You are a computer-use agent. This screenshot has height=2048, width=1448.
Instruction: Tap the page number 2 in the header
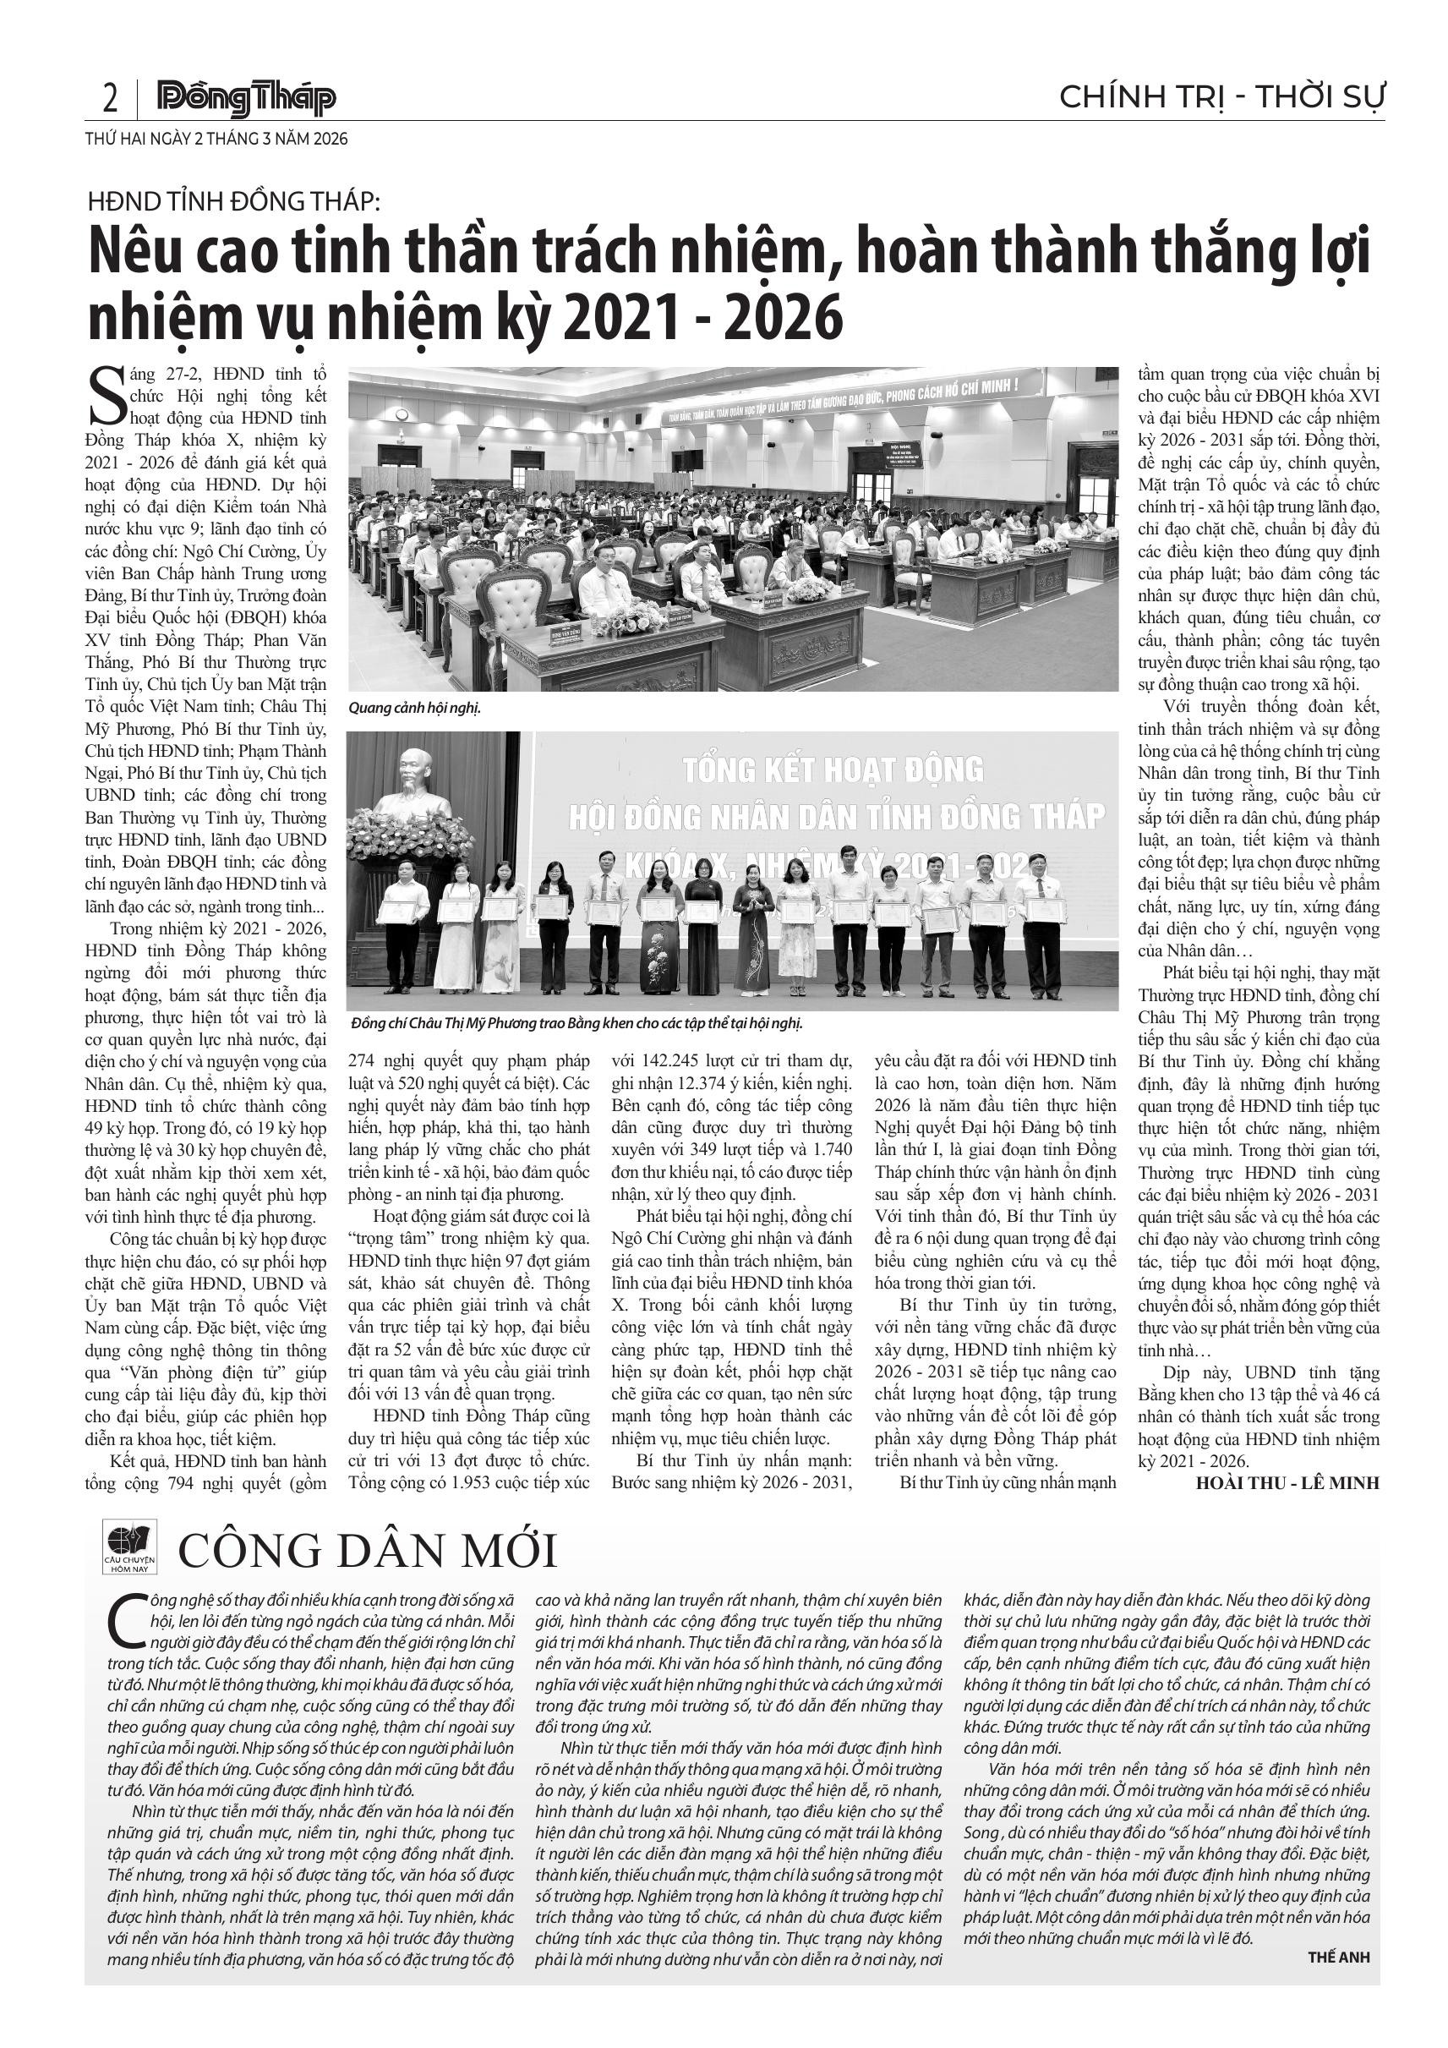(x=111, y=99)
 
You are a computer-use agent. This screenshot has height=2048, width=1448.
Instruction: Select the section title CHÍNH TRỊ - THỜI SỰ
(x=1221, y=96)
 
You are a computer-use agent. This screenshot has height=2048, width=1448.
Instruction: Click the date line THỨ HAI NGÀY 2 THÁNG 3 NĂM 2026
(x=216, y=140)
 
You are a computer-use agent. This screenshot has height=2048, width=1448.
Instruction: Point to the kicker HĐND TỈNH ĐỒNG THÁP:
(x=233, y=201)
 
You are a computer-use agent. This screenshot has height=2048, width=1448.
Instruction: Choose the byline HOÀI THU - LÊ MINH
(x=1287, y=1482)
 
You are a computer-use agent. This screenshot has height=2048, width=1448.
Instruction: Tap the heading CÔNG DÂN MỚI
(x=368, y=1552)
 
